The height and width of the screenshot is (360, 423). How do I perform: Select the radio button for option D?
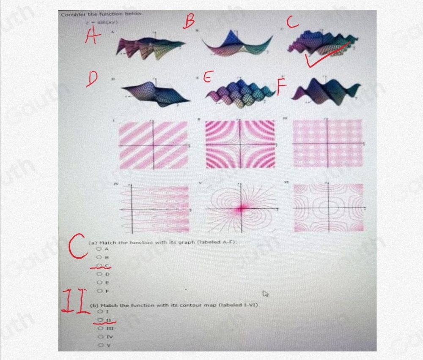pyautogui.click(x=101, y=274)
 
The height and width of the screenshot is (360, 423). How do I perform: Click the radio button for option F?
pyautogui.click(x=101, y=291)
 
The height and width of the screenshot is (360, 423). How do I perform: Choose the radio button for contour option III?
pyautogui.click(x=101, y=328)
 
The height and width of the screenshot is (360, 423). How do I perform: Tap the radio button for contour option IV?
pyautogui.click(x=101, y=337)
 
